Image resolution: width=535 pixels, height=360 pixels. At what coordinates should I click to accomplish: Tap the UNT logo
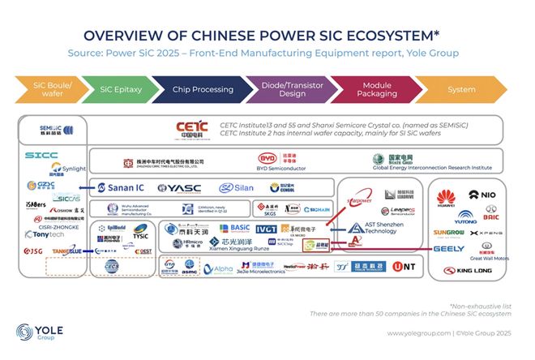point(403,266)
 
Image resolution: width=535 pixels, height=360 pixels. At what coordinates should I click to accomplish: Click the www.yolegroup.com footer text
point(418,333)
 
